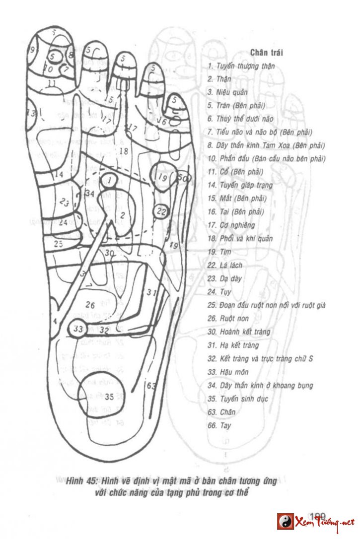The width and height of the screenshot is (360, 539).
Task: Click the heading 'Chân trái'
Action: (267, 53)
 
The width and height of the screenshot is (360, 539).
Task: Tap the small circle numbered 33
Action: (78, 329)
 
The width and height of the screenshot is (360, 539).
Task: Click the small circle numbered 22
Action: (161, 211)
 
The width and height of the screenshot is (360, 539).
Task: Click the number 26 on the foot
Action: (90, 304)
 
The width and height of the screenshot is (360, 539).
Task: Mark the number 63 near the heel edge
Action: (151, 385)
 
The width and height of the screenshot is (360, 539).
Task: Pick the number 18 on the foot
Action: (124, 151)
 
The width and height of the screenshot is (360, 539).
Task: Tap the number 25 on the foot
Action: (59, 244)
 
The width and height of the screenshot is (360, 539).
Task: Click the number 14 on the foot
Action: (59, 175)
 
